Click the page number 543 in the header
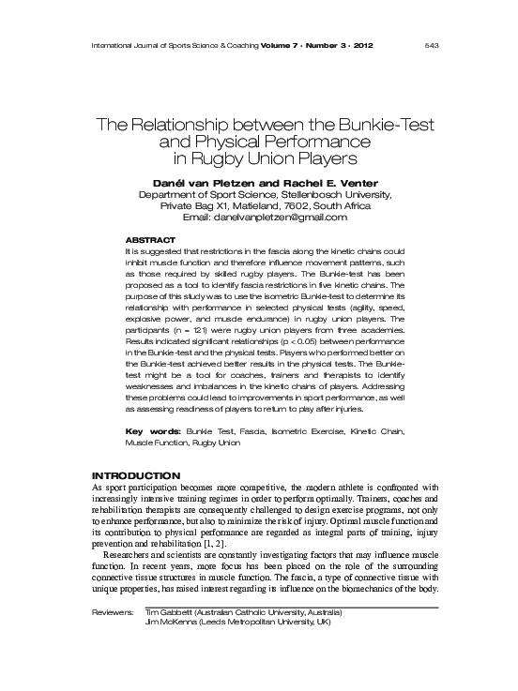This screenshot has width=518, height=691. point(434,43)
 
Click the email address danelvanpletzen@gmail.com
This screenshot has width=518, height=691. point(292,218)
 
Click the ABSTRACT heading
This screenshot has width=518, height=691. point(150,241)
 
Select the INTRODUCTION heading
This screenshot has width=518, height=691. point(136,476)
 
